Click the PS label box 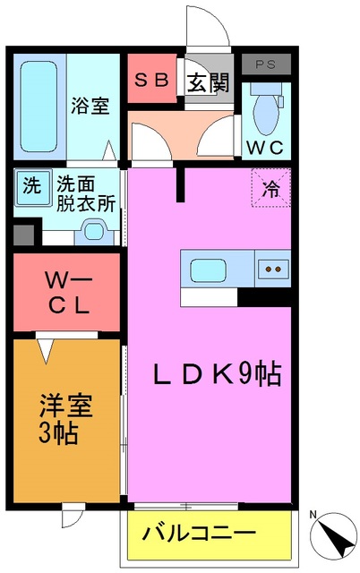pos(267,64)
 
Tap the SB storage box pos(151,79)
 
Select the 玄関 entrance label pos(208,83)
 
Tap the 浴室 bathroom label pos(90,106)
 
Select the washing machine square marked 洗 pos(31,187)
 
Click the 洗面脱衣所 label pos(86,193)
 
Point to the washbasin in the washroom pos(92,232)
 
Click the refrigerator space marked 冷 pos(270,188)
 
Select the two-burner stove pos(272,268)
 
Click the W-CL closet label pos(66,293)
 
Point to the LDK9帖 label pos(216,373)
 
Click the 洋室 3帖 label pos(60,421)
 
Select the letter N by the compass pos(313,515)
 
